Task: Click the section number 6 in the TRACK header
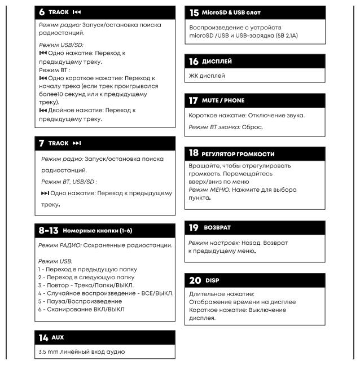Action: [x=42, y=11]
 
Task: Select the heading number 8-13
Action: [x=49, y=231]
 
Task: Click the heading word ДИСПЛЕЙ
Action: [x=218, y=61]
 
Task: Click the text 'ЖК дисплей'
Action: [x=207, y=76]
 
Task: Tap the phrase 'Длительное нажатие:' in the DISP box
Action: [x=221, y=294]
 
